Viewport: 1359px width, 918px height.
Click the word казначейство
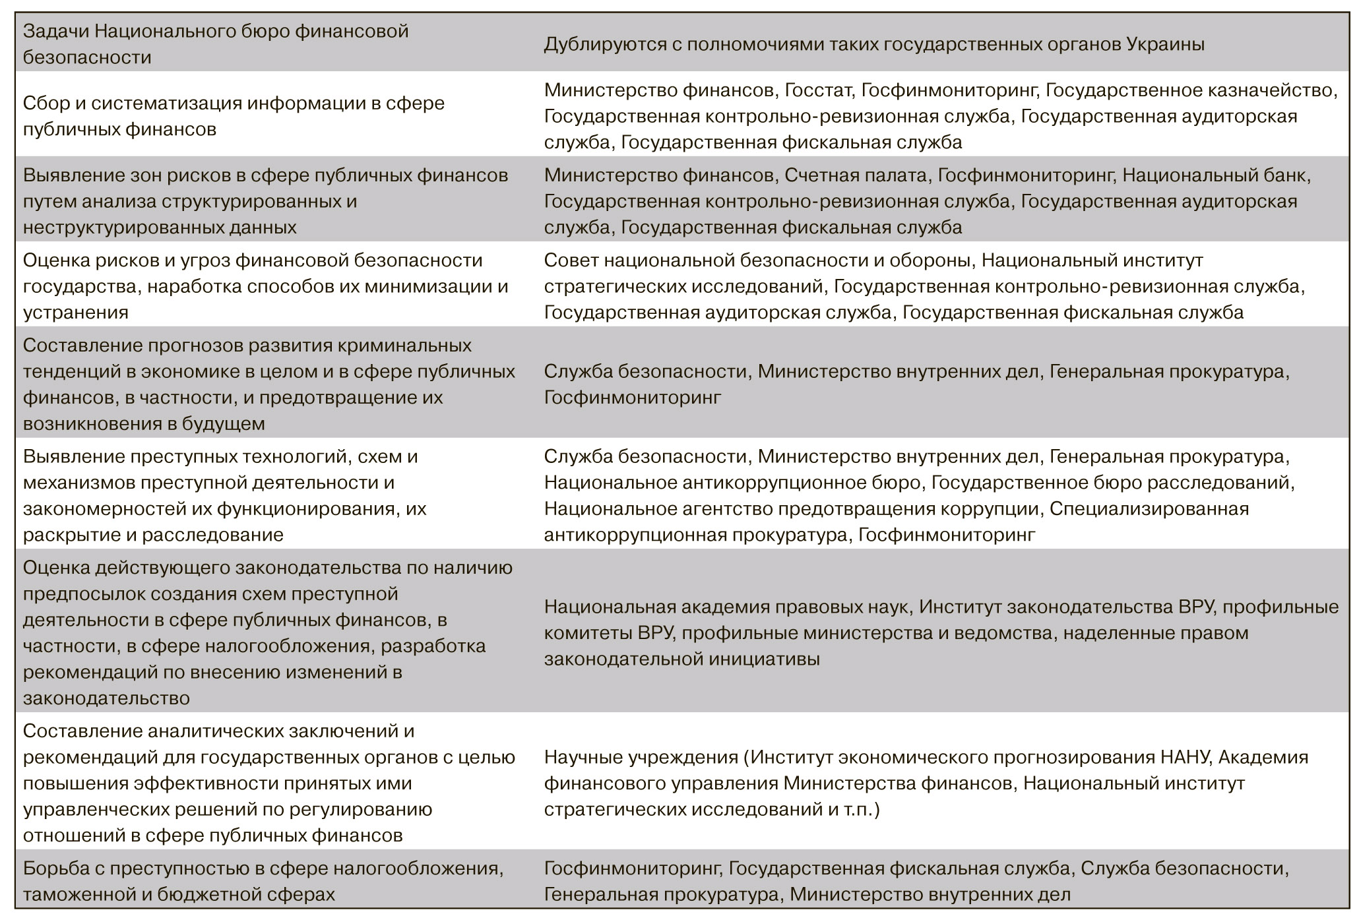pos(1271,90)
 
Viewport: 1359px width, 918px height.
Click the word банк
pos(1286,175)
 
